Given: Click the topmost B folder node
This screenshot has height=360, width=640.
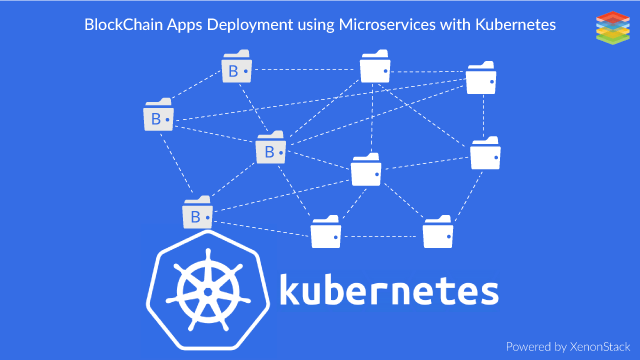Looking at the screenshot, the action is pos(237,70).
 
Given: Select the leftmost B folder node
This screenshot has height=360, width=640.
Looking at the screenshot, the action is pos(158,119).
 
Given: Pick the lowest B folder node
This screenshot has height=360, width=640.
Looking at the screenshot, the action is pos(197,214).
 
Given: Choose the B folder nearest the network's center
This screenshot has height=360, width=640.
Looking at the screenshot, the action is pos(271,150).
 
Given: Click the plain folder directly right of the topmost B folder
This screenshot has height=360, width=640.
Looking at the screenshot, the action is pos(375,69).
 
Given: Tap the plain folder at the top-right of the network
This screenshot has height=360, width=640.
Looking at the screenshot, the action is pos(481,80).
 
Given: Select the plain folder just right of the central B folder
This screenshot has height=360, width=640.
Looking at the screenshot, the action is pos(366,170).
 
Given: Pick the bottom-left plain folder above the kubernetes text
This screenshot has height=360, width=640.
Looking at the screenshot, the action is pos(325,232).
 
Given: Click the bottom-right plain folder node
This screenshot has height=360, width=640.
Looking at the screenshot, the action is pos(437,232).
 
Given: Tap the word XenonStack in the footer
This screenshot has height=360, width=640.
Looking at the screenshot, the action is pos(594,346).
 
